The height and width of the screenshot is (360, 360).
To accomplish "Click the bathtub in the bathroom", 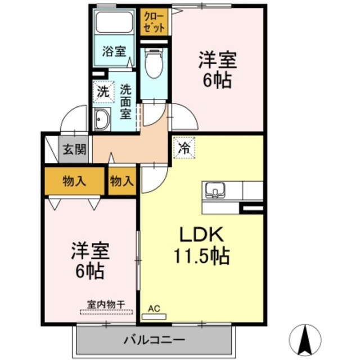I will pyautogui.click(x=114, y=23).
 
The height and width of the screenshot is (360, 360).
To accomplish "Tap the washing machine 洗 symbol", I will pyautogui.click(x=102, y=91).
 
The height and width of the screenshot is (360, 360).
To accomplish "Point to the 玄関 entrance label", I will pyautogui.click(x=74, y=150).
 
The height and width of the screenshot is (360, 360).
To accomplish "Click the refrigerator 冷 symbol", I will pyautogui.click(x=183, y=149).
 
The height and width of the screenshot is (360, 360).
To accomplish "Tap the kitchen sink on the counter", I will pyautogui.click(x=215, y=190).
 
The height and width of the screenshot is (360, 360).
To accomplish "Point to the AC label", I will pyautogui.click(x=154, y=308).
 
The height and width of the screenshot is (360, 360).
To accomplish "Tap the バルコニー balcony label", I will pyautogui.click(x=154, y=340).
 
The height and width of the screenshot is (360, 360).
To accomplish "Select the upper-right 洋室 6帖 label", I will pyautogui.click(x=217, y=70).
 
